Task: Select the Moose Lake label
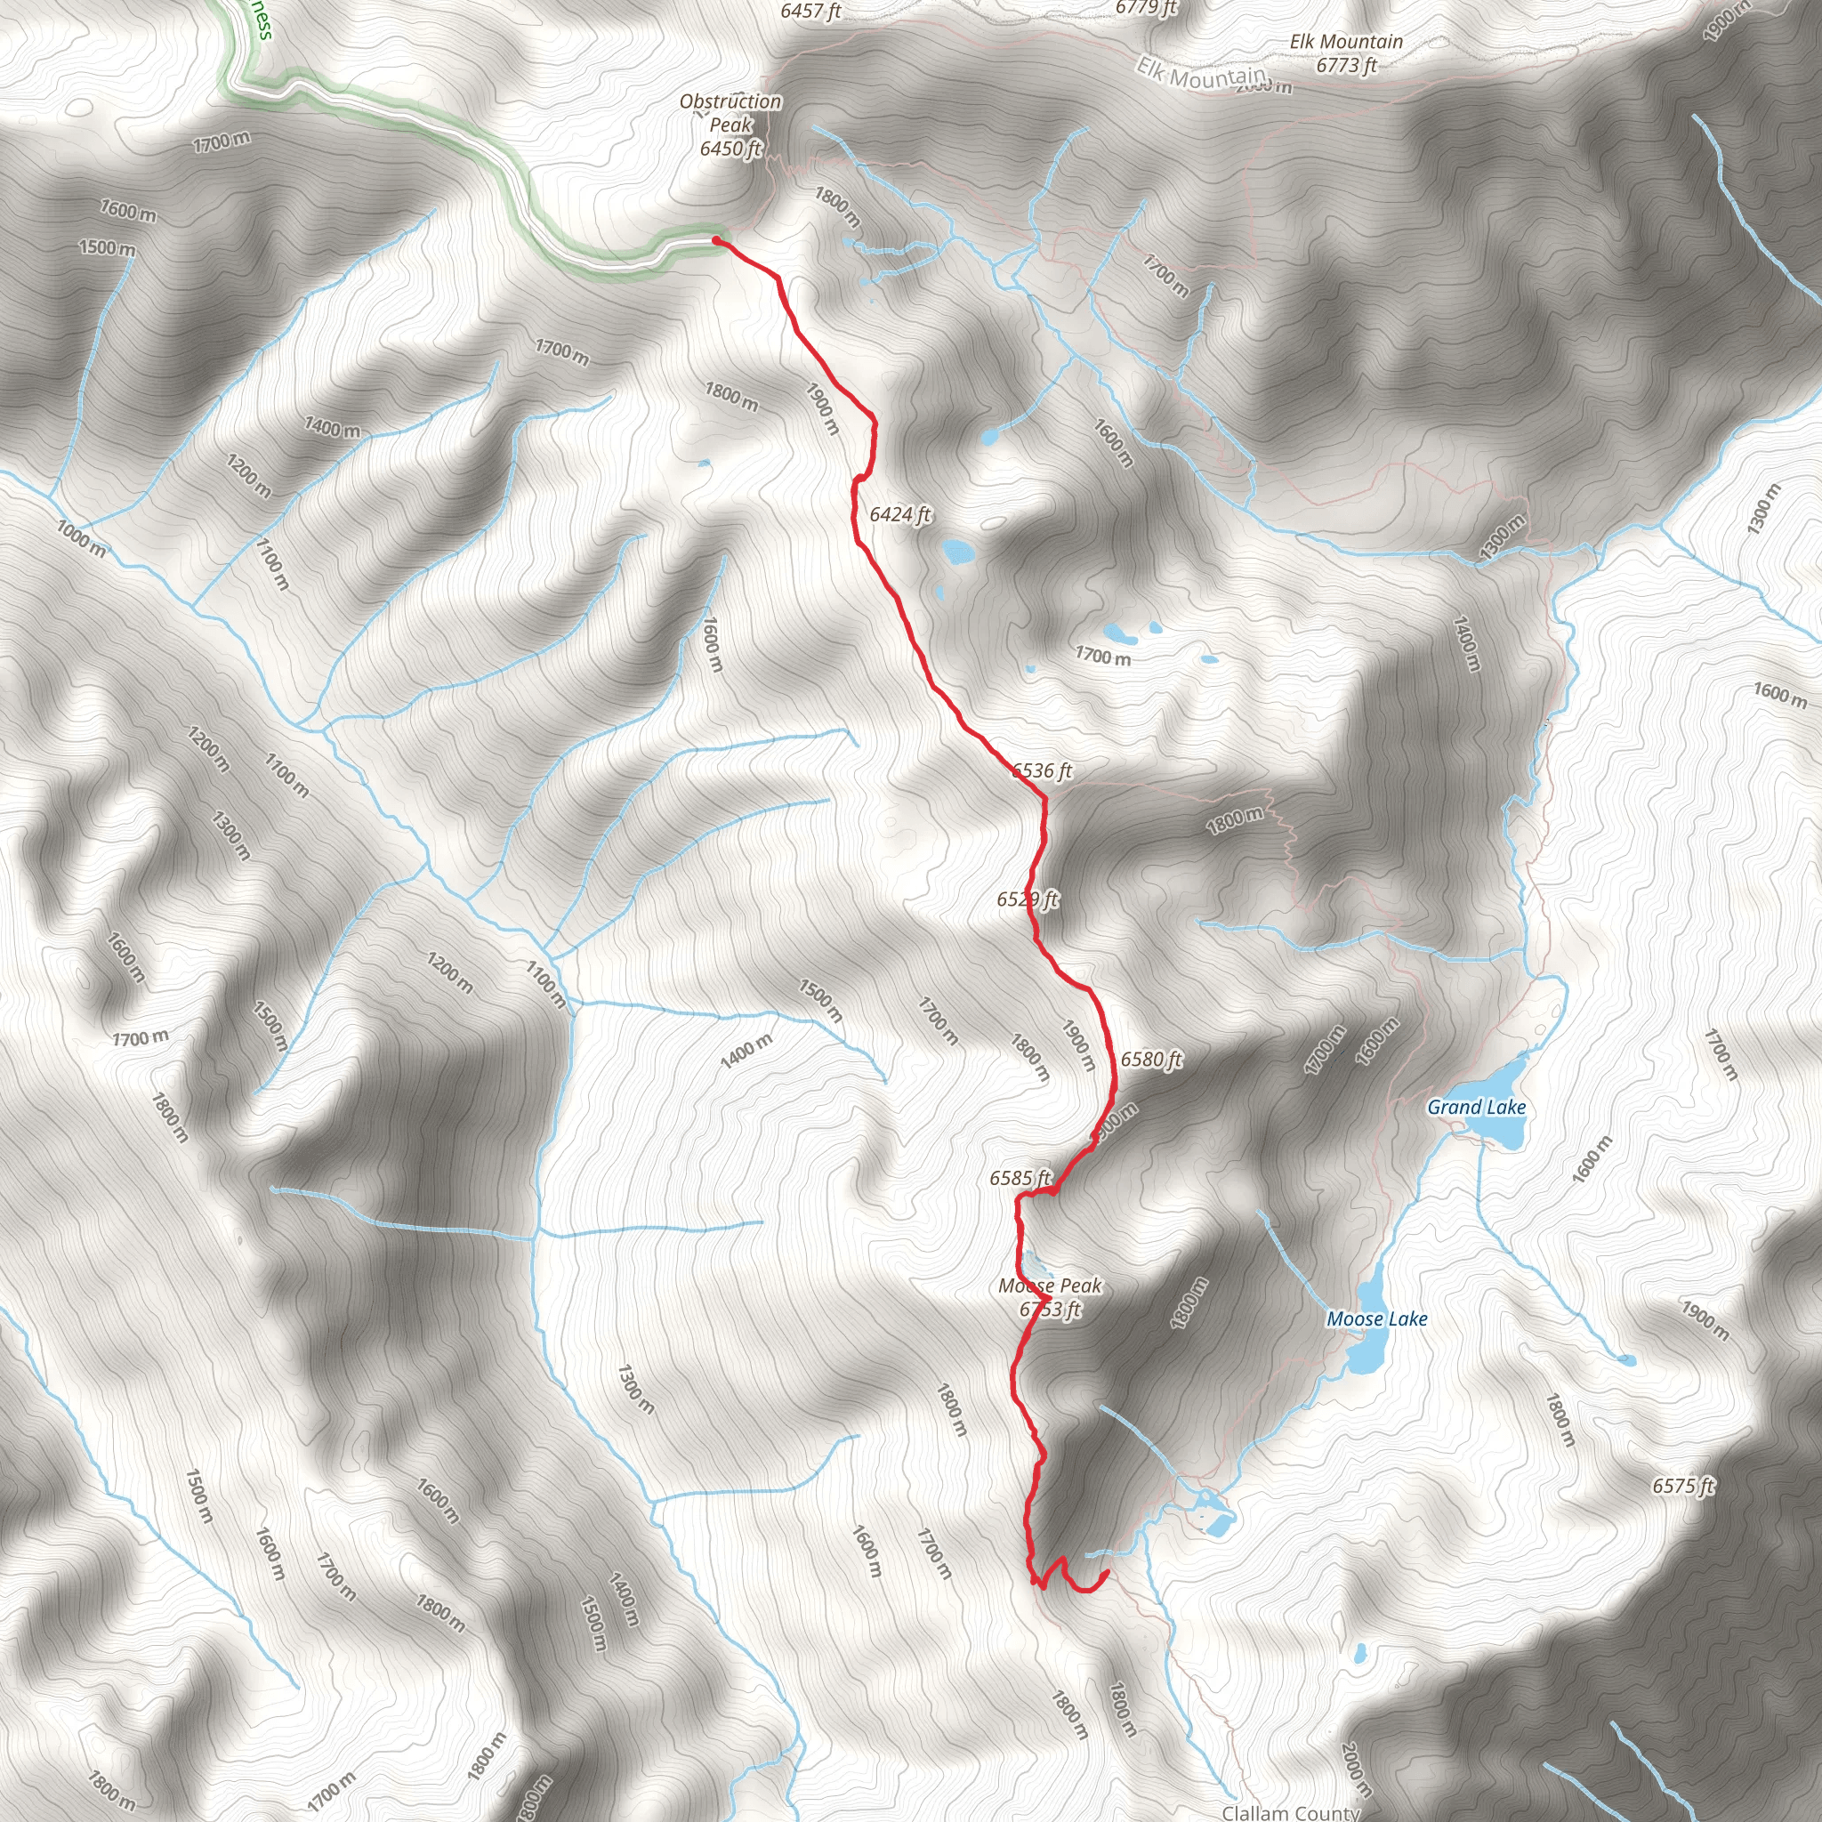[x=1377, y=1319]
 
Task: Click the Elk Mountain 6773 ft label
[x=1346, y=52]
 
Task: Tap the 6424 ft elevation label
[x=899, y=514]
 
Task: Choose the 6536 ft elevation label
[x=1042, y=770]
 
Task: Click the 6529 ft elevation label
[x=1027, y=899]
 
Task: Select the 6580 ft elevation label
[x=1150, y=1059]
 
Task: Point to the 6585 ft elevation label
[x=1020, y=1178]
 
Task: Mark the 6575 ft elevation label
[x=1682, y=1487]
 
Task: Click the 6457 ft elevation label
[x=810, y=12]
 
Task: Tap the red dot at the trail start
[x=717, y=240]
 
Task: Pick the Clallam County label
[x=1290, y=1811]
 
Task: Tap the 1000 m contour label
[x=81, y=537]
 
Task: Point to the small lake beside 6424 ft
[x=959, y=552]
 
